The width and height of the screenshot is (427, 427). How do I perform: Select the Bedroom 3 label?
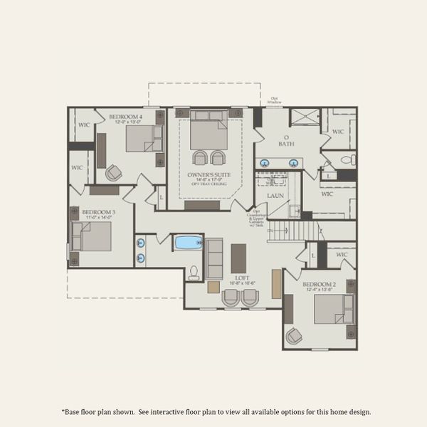pos(98,212)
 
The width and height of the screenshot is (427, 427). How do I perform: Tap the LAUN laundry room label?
pos(275,195)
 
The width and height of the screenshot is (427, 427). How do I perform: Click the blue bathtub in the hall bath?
pos(189,243)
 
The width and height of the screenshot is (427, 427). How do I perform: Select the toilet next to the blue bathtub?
pos(194,273)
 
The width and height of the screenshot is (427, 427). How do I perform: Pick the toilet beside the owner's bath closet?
pos(346,159)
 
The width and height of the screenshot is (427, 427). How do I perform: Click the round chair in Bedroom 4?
pos(113,172)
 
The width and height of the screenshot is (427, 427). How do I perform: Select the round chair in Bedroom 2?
pos(293,334)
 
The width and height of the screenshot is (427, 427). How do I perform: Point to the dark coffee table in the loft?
pos(238,258)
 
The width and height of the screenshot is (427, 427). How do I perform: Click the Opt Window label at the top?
pos(275,100)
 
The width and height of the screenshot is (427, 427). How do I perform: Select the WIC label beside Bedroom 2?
pos(341,254)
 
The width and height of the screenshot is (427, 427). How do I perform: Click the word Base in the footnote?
pos(73,411)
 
